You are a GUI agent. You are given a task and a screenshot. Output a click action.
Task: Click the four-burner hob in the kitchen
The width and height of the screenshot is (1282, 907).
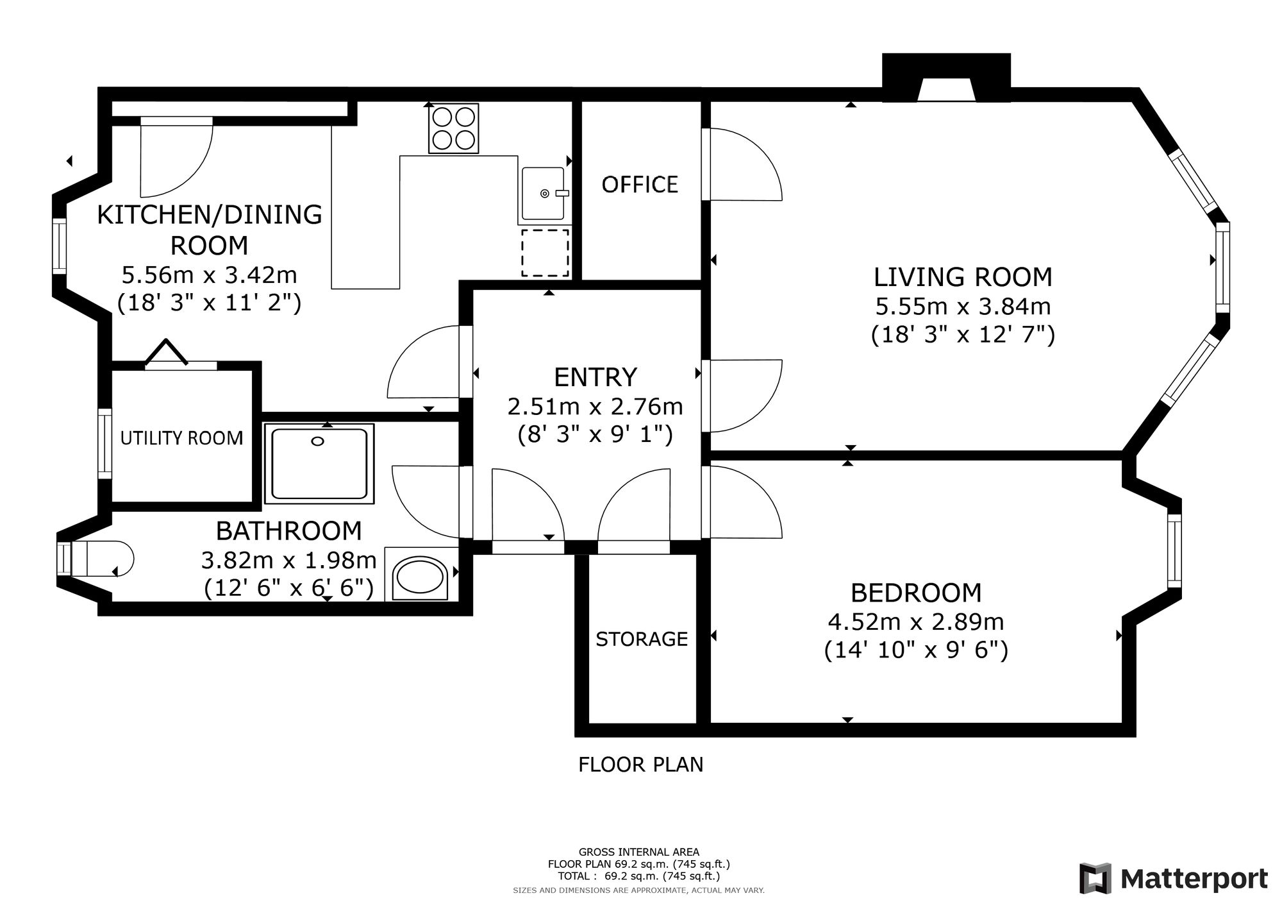point(454,129)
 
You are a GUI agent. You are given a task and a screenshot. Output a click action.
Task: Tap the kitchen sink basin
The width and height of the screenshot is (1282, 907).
point(543,193)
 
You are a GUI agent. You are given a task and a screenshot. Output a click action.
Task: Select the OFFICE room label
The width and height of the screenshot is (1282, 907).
point(640,185)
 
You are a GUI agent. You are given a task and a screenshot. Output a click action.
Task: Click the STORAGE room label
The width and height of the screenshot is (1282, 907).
point(642,639)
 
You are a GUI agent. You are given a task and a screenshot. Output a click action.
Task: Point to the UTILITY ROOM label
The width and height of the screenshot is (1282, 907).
point(182,438)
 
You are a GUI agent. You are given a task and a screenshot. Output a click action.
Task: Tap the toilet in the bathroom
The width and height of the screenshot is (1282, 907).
point(96,559)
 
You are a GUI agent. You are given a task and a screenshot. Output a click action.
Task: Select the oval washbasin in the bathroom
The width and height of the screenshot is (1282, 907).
point(420,578)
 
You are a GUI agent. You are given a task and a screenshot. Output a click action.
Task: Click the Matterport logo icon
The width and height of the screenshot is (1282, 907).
point(1095,879)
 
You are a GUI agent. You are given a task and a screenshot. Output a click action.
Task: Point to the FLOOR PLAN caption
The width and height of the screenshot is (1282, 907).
point(641,765)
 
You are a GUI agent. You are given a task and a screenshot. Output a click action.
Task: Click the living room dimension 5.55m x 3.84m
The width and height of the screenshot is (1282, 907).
point(963,307)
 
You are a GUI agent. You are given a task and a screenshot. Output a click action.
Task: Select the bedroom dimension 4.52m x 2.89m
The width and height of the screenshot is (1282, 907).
point(916,622)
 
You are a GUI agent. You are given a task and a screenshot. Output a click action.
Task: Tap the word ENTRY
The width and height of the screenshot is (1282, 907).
point(595,377)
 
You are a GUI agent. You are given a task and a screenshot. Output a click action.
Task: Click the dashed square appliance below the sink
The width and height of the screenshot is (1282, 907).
point(545,253)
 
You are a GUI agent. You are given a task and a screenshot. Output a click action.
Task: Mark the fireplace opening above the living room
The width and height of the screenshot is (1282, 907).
point(947,90)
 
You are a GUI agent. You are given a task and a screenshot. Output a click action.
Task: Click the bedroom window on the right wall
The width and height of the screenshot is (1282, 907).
point(1174,551)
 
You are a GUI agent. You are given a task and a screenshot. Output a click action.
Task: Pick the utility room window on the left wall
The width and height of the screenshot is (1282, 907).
point(104,443)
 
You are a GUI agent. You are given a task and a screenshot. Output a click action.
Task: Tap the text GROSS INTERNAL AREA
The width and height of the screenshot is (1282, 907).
point(639,852)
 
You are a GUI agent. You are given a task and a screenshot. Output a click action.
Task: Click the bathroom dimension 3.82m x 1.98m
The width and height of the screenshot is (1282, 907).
point(288,561)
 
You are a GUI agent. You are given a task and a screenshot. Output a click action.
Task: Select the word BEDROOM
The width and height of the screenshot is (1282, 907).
point(916,593)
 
